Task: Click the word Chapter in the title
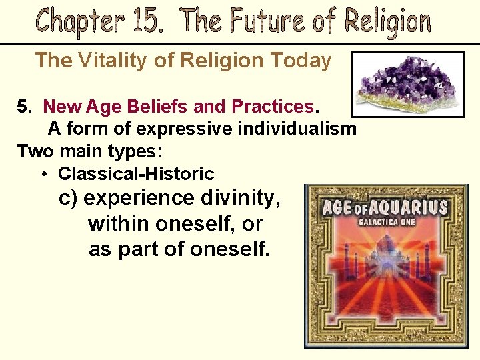(x=79, y=21)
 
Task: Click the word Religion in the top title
(x=387, y=23)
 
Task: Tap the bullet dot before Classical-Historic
(x=44, y=174)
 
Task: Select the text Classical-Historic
(x=136, y=174)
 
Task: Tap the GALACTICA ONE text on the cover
(x=387, y=221)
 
